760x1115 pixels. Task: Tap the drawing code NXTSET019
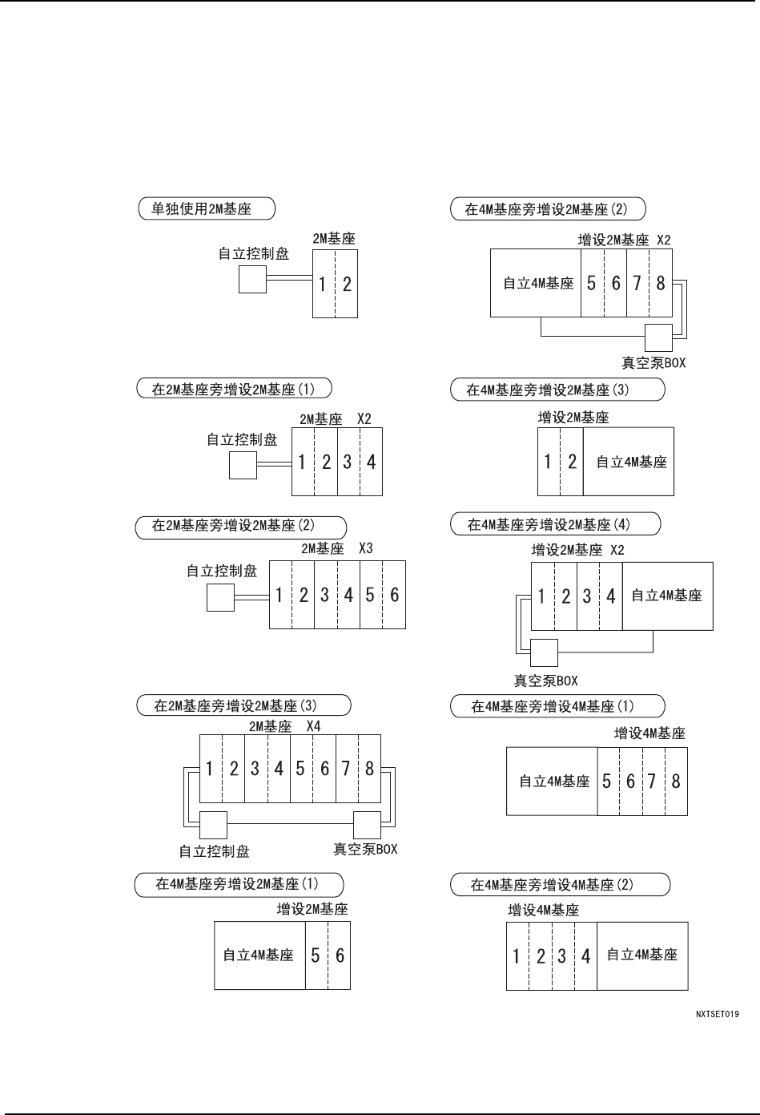click(718, 1014)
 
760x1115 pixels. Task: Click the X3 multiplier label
click(365, 548)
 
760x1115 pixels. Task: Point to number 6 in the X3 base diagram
click(394, 596)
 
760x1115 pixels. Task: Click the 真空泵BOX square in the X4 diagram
click(367, 825)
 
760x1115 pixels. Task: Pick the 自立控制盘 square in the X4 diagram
click(213, 825)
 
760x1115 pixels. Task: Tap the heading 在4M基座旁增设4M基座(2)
click(558, 885)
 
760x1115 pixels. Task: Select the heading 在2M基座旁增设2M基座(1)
click(233, 390)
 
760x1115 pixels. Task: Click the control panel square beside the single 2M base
click(252, 279)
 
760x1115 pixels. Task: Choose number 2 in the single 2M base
click(347, 284)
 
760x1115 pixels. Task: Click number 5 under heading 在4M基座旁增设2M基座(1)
click(316, 955)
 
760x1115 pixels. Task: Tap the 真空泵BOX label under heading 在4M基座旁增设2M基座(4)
click(545, 681)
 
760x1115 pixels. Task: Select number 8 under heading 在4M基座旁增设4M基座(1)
click(676, 782)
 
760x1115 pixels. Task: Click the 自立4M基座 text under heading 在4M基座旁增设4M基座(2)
click(641, 955)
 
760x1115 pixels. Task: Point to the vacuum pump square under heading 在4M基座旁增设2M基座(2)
click(658, 337)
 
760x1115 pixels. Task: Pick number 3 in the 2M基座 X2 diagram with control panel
click(348, 462)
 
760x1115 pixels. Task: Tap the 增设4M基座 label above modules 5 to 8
click(649, 733)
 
